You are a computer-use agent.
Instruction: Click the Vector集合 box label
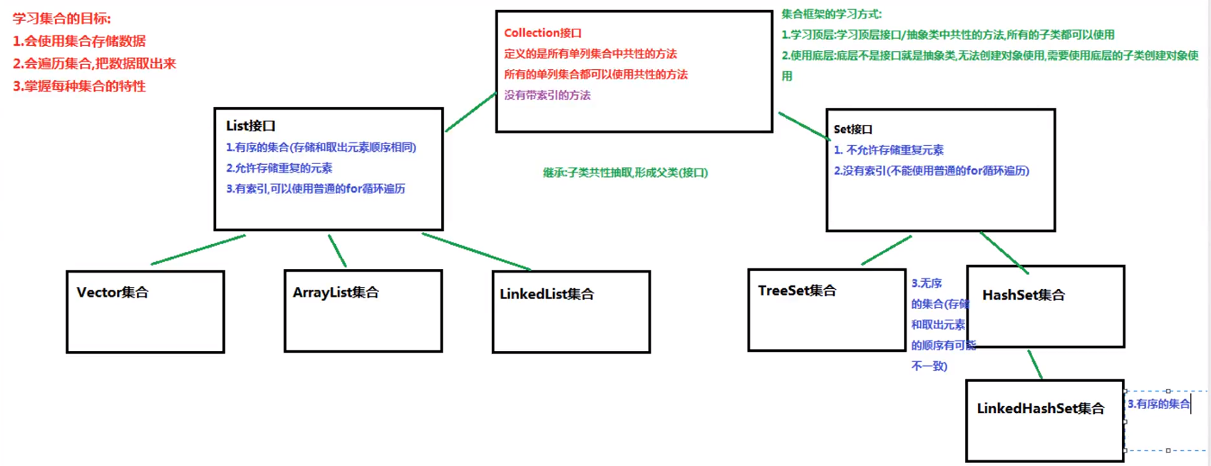point(113,293)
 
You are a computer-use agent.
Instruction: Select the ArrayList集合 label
point(336,293)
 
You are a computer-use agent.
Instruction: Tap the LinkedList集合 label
point(547,294)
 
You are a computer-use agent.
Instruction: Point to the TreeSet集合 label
point(797,290)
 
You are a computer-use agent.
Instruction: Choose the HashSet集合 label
point(1024,295)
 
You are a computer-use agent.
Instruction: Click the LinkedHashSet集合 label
point(1041,408)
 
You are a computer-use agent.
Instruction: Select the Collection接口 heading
point(542,33)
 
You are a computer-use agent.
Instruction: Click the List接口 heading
point(251,126)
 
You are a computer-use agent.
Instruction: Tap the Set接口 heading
point(853,129)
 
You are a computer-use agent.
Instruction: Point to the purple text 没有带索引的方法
point(547,95)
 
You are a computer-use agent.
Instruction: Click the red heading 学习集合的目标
point(62,19)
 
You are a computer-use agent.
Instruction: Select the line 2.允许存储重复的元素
point(279,168)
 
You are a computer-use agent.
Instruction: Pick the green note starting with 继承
point(625,173)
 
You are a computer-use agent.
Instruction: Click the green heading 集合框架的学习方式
point(832,14)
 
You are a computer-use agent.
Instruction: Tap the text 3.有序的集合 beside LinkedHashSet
point(1158,404)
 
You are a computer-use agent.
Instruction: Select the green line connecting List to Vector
point(198,250)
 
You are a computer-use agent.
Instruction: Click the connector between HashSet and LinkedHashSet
point(1035,364)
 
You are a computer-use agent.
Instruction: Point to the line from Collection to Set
point(804,125)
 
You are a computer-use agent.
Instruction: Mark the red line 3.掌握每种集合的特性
point(79,86)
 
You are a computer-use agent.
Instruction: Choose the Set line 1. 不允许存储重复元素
point(889,150)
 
